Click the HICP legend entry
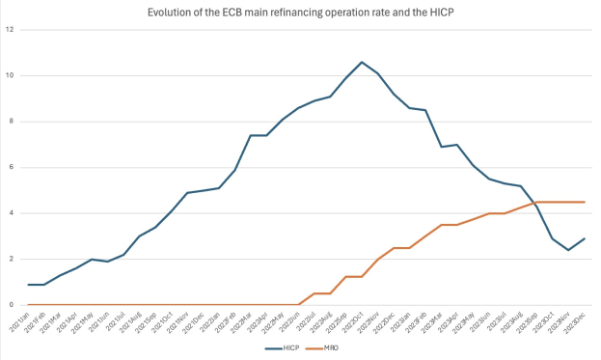287,346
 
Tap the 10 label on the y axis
10,75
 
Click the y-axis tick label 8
12,122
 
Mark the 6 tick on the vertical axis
12,167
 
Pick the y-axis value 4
12,213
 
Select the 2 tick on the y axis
12,259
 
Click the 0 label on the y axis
12,305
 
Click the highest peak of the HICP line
362,62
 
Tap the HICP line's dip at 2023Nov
568,250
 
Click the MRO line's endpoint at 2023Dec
585,202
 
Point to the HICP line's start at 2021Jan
29,285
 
